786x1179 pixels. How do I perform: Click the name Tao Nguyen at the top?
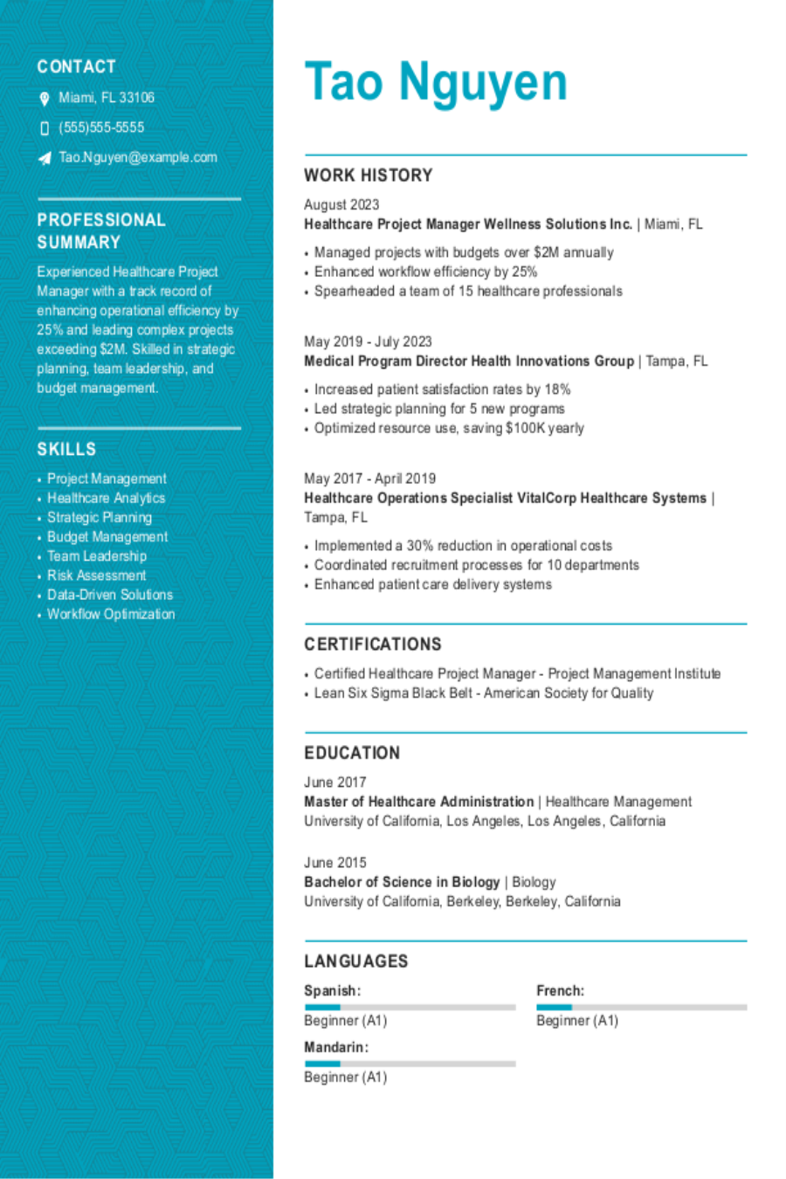pos(436,83)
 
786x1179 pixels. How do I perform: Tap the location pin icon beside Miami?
pos(45,99)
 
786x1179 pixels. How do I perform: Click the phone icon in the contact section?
pos(45,128)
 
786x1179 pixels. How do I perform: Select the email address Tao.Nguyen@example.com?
pos(138,157)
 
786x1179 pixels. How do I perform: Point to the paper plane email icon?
pos(45,158)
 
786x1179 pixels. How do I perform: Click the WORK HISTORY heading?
pos(368,176)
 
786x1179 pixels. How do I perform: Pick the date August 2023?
pos(341,204)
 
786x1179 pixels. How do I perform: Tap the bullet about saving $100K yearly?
pos(449,428)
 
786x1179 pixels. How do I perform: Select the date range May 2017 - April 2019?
pos(369,478)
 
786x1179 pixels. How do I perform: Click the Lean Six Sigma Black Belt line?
pos(483,693)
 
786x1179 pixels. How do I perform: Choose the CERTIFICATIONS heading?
pos(373,645)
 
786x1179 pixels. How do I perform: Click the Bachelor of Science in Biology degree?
pos(402,882)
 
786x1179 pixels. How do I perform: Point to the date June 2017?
pos(334,782)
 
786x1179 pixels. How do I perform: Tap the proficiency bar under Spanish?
pos(410,1007)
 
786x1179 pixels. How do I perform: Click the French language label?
pos(560,990)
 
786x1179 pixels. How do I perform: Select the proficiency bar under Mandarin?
pos(410,1064)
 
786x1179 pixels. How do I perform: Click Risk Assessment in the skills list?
pos(96,576)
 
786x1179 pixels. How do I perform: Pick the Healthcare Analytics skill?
pos(106,498)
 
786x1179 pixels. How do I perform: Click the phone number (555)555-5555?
pos(101,128)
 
